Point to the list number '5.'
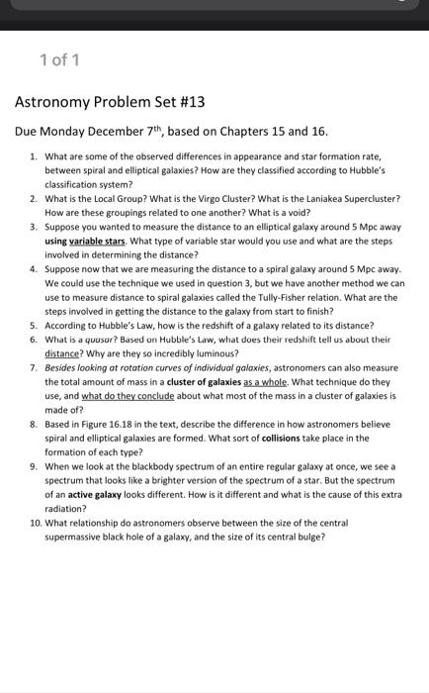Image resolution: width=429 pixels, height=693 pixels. [35, 325]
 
